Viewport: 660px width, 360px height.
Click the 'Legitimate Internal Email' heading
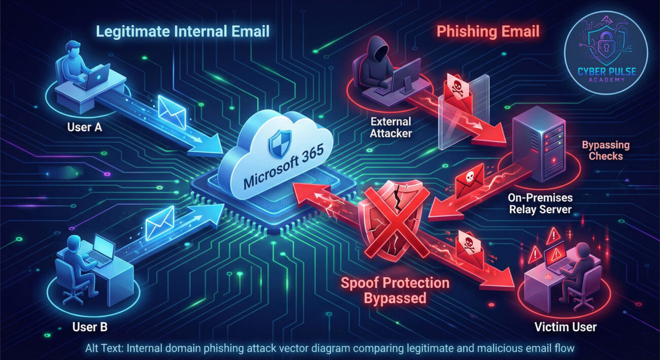pyautogui.click(x=182, y=31)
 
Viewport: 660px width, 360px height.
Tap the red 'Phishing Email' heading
pyautogui.click(x=488, y=31)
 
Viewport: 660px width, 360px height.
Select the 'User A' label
pyautogui.click(x=85, y=127)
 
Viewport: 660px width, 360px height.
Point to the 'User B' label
pyautogui.click(x=90, y=327)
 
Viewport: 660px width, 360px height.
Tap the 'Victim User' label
pyautogui.click(x=566, y=327)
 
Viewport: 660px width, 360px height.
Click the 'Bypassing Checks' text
pyautogui.click(x=606, y=150)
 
